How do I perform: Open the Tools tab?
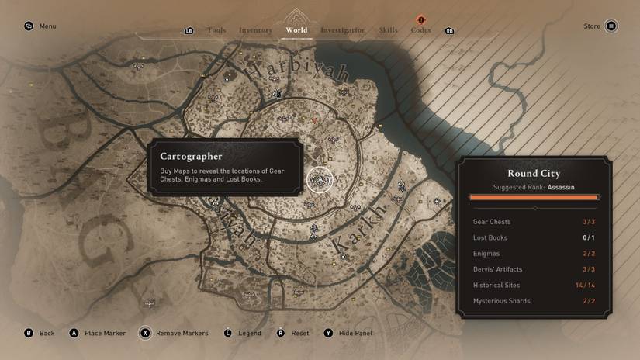tap(216, 30)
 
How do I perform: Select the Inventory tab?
tap(255, 30)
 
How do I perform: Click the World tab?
tap(296, 30)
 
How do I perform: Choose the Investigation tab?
tap(343, 30)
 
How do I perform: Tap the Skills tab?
tap(388, 30)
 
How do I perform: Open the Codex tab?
tap(421, 30)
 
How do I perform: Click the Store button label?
tap(592, 26)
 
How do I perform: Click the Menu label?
tap(47, 26)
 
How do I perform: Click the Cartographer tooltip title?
tap(191, 156)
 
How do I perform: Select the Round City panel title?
tap(534, 174)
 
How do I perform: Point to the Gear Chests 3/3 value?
tap(589, 222)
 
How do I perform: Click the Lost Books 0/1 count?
tap(589, 237)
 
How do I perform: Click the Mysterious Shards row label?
tap(500, 301)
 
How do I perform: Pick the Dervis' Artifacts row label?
tap(497, 269)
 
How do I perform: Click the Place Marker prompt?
tap(105, 334)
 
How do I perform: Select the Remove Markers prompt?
tap(182, 334)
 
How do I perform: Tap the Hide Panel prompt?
tap(355, 334)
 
